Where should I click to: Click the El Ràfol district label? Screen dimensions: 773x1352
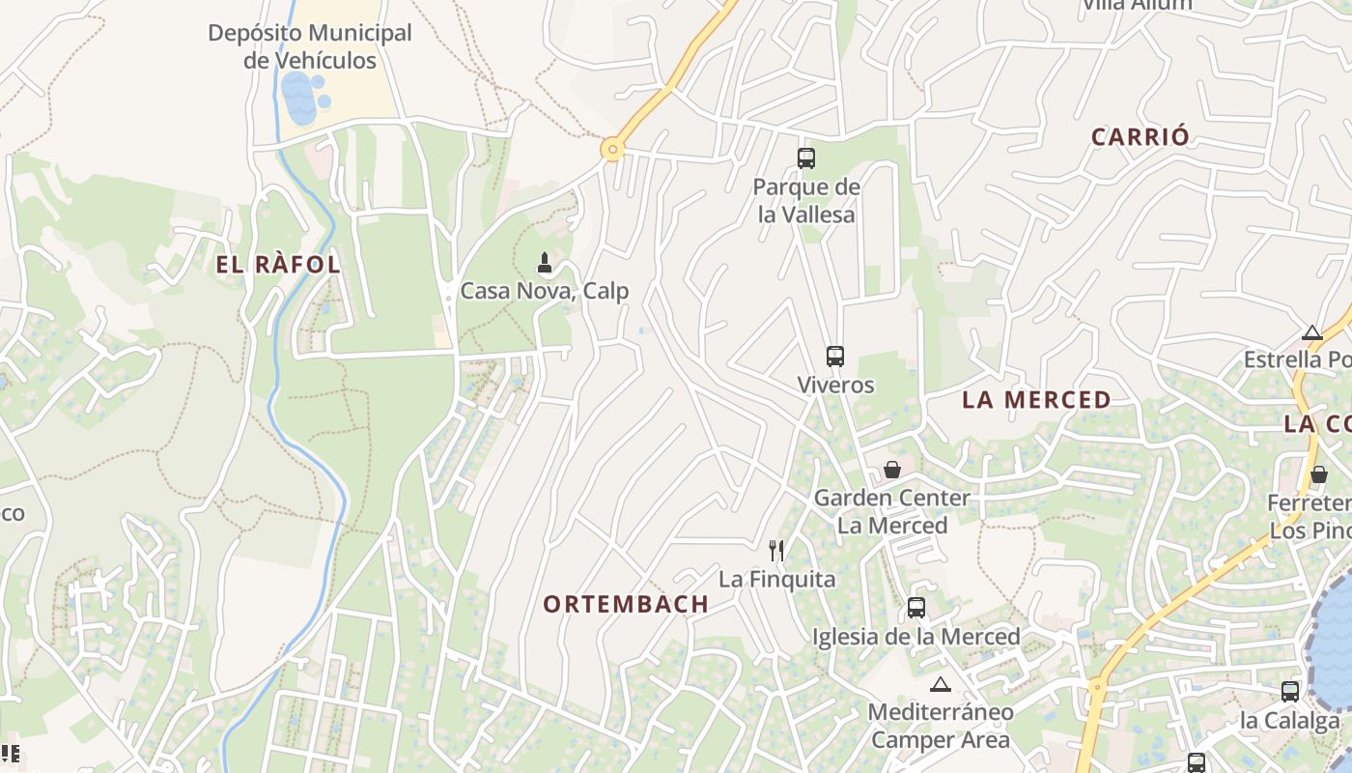click(x=278, y=265)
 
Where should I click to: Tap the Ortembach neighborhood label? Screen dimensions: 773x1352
click(x=626, y=605)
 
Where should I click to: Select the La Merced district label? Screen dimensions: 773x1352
click(x=1036, y=400)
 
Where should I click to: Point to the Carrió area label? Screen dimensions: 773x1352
click(x=1141, y=137)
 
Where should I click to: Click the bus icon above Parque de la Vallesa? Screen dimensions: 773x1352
click(x=806, y=157)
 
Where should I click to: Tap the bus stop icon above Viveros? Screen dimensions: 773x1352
click(x=835, y=357)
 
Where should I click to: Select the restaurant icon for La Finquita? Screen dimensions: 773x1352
click(x=776, y=551)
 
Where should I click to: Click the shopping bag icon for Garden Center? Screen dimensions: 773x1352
click(x=891, y=470)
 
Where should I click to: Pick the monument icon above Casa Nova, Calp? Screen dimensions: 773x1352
click(x=545, y=262)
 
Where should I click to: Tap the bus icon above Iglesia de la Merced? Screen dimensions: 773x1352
click(x=915, y=609)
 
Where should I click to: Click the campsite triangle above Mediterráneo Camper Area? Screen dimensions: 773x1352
click(x=940, y=685)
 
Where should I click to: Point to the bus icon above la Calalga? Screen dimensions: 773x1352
click(x=1290, y=692)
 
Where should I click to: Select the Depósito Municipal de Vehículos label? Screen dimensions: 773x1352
click(x=310, y=46)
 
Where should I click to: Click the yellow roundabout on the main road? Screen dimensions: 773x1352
click(x=611, y=150)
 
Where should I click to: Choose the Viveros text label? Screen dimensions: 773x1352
click(x=835, y=386)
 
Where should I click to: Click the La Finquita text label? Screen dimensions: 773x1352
click(x=776, y=580)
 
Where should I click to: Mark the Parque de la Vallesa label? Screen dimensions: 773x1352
click(x=806, y=201)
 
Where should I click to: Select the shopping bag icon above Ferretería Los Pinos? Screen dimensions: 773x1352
click(x=1319, y=474)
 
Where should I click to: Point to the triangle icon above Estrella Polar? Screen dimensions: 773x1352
click(x=1311, y=333)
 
